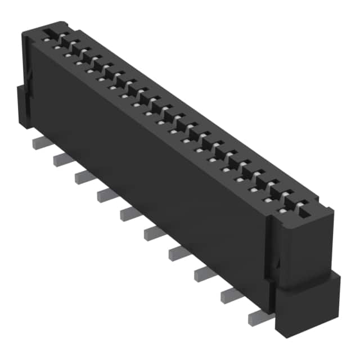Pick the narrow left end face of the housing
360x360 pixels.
(x=27, y=73)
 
